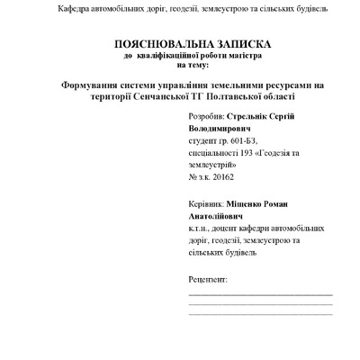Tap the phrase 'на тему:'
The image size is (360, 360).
pyautogui.click(x=191, y=65)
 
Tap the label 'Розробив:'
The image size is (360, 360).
pyautogui.click(x=207, y=119)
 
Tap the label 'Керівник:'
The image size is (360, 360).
pyautogui.click(x=207, y=205)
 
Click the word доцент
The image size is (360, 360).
pyautogui.click(x=220, y=229)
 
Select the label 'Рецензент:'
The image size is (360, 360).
pyautogui.click(x=209, y=280)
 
